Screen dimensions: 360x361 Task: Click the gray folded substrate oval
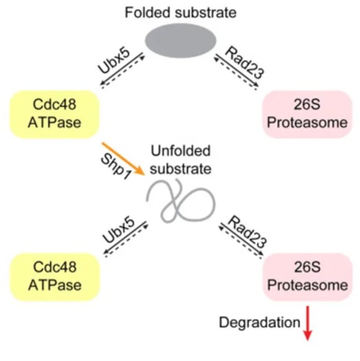(x=180, y=41)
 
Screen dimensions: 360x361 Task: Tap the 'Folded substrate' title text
(x=180, y=12)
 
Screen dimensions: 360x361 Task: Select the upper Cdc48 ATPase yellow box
(x=54, y=114)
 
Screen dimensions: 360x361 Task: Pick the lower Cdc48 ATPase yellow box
(x=55, y=277)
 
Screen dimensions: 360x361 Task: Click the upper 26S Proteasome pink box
(x=307, y=114)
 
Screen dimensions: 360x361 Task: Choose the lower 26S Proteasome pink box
(x=308, y=277)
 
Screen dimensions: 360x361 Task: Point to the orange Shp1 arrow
(x=123, y=159)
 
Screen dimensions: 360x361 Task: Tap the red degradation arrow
(x=308, y=323)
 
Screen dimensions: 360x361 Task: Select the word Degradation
(x=260, y=322)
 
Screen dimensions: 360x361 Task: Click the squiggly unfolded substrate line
(x=181, y=201)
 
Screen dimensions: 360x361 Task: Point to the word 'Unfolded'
(x=180, y=151)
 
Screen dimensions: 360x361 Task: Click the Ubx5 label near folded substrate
(x=114, y=61)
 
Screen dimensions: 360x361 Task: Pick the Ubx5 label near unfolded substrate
(x=118, y=230)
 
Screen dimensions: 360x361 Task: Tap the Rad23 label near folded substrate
(x=245, y=63)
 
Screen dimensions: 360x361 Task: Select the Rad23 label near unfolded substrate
(x=248, y=232)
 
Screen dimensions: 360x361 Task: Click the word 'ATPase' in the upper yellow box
(x=54, y=122)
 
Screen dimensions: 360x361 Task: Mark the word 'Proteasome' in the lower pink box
(x=308, y=285)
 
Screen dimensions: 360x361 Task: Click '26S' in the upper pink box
(x=307, y=105)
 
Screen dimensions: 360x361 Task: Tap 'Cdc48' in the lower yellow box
(x=54, y=267)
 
